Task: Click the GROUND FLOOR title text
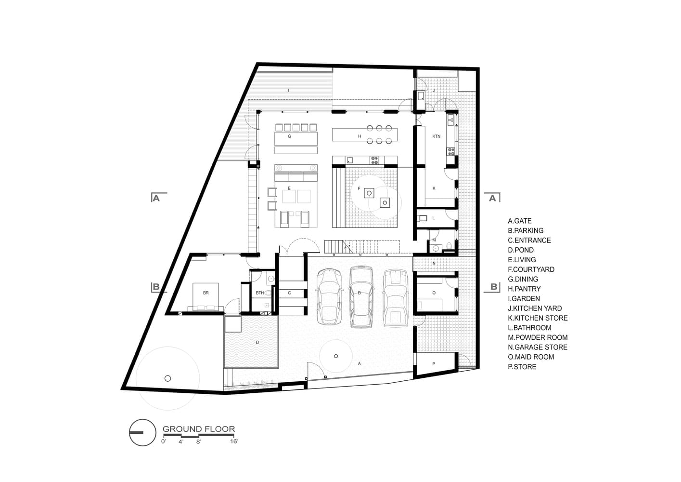point(198,428)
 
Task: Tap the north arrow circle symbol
point(142,432)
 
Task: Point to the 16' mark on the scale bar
point(234,441)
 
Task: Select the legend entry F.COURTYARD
point(531,269)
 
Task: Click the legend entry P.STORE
point(522,367)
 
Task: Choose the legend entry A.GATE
point(520,221)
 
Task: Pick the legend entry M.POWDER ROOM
point(538,337)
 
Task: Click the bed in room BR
point(206,296)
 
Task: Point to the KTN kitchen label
point(436,136)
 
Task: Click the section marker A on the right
point(492,198)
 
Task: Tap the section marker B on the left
point(156,287)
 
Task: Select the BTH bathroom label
point(260,293)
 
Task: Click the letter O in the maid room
point(434,293)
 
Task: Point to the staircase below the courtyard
point(361,247)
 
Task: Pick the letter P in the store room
point(434,364)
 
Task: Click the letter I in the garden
point(289,90)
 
